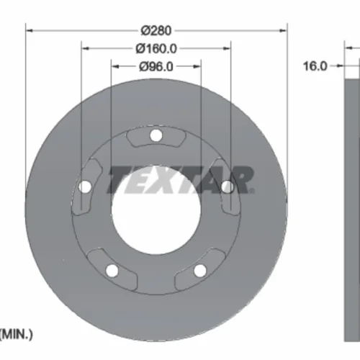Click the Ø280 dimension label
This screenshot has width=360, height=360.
[x=156, y=30]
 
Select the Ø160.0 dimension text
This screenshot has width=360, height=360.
[x=156, y=48]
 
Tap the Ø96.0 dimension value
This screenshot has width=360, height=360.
[x=156, y=66]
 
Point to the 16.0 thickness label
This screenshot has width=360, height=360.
[x=315, y=66]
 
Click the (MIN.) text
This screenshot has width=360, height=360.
[x=16, y=334]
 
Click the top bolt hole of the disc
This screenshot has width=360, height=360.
[x=156, y=135]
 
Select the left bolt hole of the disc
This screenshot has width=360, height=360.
[x=85, y=186]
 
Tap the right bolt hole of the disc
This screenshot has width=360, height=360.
[x=227, y=186]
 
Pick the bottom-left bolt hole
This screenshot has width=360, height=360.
[x=112, y=271]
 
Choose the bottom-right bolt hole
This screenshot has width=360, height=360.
[x=200, y=271]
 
